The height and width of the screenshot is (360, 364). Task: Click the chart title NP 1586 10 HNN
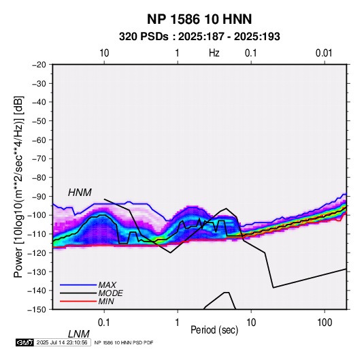coord(199,19)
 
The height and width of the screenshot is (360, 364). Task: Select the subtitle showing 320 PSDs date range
coord(199,37)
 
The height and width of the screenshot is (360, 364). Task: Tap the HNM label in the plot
coord(80,193)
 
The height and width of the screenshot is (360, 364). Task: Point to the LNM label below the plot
coord(78,334)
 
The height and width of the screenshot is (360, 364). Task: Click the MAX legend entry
coord(107,284)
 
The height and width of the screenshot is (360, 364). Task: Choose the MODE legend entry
coord(110,293)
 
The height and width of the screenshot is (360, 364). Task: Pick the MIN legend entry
coord(106,301)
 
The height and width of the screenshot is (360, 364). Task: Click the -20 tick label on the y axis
coord(39,65)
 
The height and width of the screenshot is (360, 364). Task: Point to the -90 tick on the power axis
coord(39,197)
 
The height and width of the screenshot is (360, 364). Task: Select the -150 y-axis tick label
coord(37,310)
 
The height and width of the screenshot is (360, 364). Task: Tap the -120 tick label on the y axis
coord(37,253)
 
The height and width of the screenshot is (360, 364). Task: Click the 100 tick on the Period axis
coord(325,323)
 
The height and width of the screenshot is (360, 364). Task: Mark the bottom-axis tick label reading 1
coord(178,323)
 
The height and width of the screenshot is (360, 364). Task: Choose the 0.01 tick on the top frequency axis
coord(324,53)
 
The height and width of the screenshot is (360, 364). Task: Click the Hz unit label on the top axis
coord(214,53)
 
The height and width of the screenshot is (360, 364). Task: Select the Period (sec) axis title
coord(214,330)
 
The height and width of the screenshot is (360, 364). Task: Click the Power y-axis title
coord(18,186)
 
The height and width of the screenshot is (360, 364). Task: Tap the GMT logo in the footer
coord(24,342)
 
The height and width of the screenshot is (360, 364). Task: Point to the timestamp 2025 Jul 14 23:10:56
coord(62,342)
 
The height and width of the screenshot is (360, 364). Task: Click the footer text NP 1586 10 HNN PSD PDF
coord(124,342)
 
